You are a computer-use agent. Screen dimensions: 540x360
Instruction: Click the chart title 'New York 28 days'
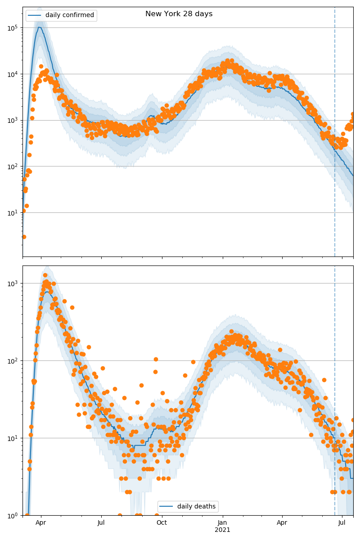coord(179,14)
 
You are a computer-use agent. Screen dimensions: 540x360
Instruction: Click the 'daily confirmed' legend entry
coord(69,15)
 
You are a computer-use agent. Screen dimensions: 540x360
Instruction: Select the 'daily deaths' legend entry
coord(196,506)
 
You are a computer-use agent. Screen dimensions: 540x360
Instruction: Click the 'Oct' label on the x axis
coord(162,523)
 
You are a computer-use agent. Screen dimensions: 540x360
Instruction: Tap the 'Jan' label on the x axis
coord(222,523)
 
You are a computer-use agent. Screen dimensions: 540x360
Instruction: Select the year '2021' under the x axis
coord(222,530)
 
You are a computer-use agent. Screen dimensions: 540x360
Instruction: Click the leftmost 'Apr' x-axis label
coord(41,523)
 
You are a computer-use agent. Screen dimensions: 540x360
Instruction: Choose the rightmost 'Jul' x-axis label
coord(342,523)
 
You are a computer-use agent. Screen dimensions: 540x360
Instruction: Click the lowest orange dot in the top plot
coord(24,237)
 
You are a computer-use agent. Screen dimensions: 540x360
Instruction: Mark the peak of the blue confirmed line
coord(40,27)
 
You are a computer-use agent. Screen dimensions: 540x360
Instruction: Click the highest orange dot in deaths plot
coord(45,275)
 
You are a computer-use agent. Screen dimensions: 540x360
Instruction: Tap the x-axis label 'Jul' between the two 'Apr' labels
coord(101,523)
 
